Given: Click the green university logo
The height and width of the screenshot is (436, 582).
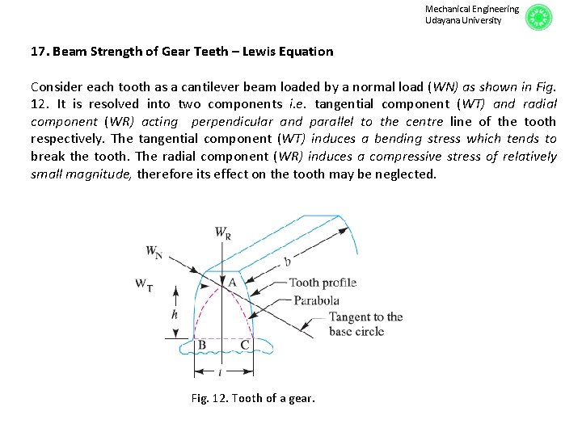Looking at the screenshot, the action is point(538,17).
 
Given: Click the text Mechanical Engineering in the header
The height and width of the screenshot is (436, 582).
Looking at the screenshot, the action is point(471,9).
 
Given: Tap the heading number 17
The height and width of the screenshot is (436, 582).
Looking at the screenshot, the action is point(39,52).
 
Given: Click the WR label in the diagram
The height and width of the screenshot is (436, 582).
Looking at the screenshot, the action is point(223,233).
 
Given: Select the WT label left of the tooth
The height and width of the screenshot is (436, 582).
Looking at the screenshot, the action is point(145,283).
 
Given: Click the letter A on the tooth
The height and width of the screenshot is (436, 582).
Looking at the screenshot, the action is point(231,282).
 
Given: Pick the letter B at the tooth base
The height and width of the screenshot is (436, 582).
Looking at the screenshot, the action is point(201,346).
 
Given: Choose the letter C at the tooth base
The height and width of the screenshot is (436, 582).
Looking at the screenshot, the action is point(245,346).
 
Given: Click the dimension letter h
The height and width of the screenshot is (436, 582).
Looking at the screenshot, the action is point(174,315).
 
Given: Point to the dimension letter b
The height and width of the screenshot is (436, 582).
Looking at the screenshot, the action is point(287,261).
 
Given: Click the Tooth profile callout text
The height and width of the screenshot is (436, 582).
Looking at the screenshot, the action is point(323,283).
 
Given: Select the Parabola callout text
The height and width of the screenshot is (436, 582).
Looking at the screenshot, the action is point(316,300).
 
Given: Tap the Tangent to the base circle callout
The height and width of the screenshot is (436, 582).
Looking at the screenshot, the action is point(365,324).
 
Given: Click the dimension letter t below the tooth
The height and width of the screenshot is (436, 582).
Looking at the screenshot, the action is point(221,373).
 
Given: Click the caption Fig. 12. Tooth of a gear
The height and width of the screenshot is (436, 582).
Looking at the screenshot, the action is point(253,398).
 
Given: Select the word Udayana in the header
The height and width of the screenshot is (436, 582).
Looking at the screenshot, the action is point(444,20).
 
